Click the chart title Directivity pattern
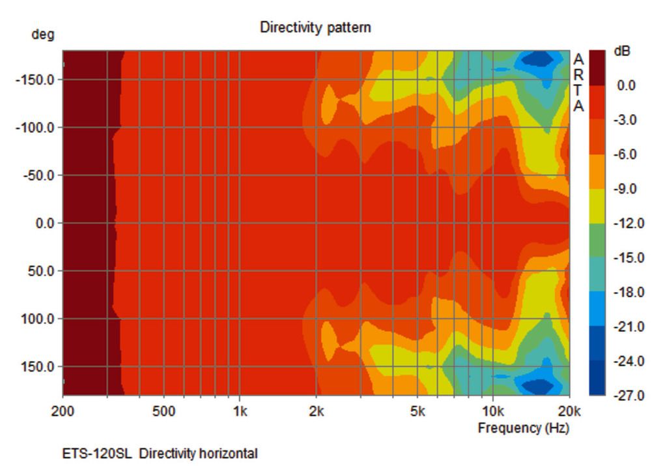[315, 27]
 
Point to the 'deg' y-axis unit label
[43, 35]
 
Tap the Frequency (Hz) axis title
[523, 428]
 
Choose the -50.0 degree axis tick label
[41, 175]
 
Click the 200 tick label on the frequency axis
[63, 412]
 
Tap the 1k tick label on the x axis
[240, 412]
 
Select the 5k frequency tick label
[418, 412]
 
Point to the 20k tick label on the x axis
[569, 412]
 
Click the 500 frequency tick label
[163, 412]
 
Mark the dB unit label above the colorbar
[622, 51]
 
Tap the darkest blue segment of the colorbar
[597, 377]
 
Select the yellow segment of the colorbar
[597, 206]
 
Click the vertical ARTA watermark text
[578, 82]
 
